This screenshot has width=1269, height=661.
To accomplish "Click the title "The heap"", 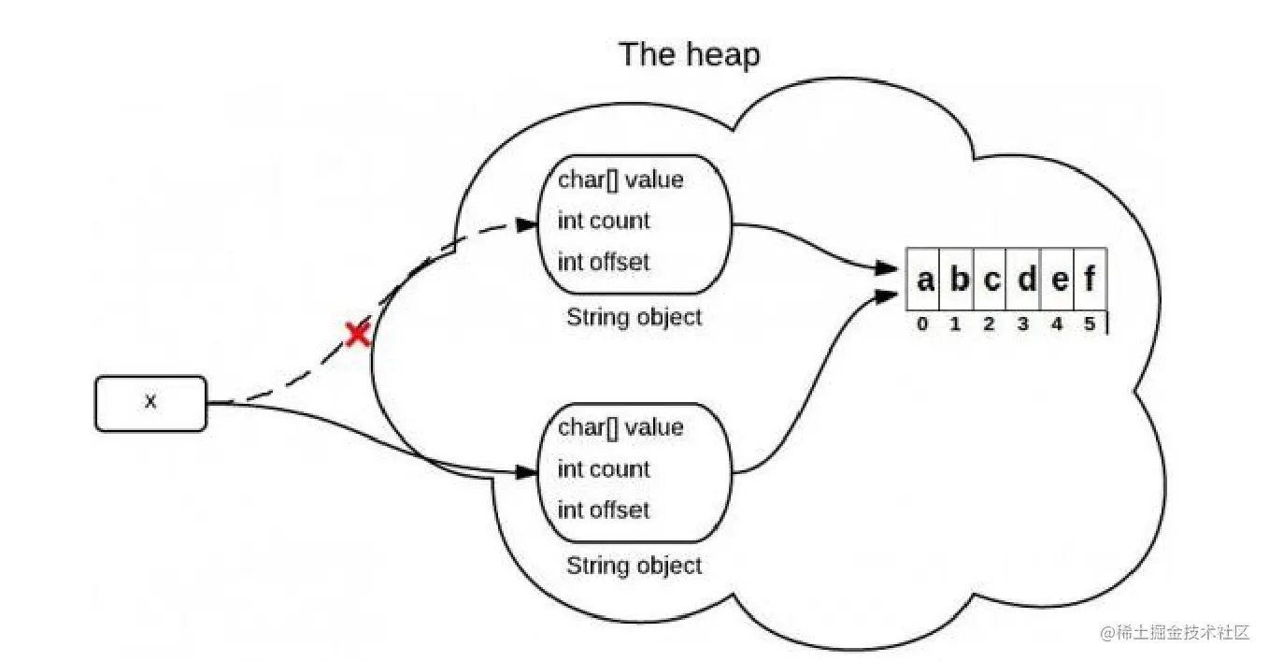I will (689, 54).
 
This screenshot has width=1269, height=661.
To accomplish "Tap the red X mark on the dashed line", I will (357, 334).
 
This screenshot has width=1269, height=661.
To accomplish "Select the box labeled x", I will (150, 403).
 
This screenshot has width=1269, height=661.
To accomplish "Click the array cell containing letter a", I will (924, 279).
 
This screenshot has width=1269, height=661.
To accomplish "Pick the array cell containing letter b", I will (958, 279).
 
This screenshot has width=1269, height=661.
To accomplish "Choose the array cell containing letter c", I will (991, 279).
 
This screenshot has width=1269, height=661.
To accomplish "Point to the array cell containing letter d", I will (1025, 279).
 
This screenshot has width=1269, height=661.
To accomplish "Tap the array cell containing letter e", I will (1059, 279).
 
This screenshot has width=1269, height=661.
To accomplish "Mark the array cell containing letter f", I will (1091, 279).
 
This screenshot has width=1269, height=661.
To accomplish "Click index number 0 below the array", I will (923, 325).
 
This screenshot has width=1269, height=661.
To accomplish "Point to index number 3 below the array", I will (1023, 325).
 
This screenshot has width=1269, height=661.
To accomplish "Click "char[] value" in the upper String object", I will (620, 180).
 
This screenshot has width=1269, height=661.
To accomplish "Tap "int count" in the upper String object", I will (603, 221).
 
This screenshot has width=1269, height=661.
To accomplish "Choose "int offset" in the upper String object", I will (603, 262).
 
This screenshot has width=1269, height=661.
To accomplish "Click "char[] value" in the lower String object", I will (620, 427).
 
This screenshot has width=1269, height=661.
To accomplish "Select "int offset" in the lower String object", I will (603, 510).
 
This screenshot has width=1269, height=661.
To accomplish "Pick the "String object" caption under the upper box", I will (634, 317).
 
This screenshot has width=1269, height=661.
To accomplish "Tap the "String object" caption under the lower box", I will (634, 565).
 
